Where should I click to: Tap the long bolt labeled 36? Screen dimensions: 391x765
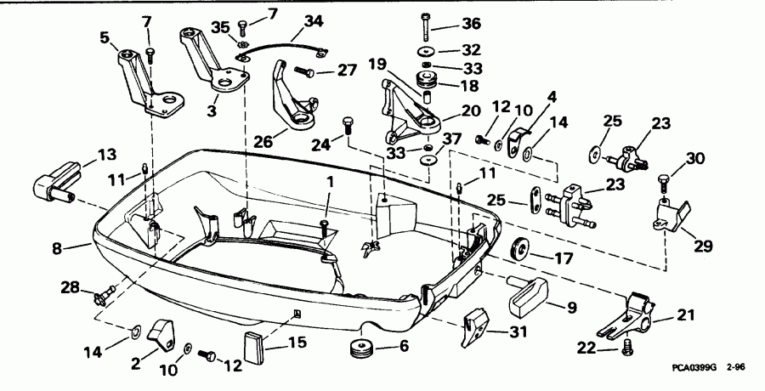pyautogui.click(x=424, y=28)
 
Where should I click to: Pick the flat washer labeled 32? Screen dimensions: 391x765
pyautogui.click(x=424, y=52)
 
